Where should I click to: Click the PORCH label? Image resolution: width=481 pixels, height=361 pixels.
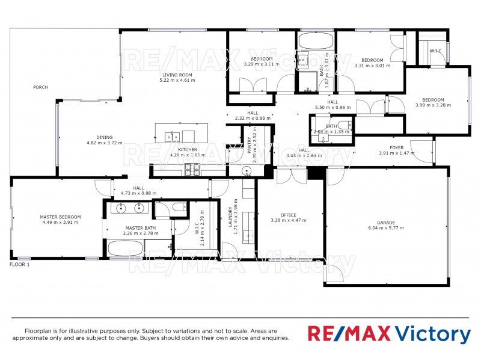pyautogui.click(x=41, y=88)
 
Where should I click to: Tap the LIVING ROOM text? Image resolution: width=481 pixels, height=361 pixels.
pyautogui.click(x=177, y=75)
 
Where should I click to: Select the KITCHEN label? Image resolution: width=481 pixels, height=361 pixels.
pyautogui.click(x=188, y=149)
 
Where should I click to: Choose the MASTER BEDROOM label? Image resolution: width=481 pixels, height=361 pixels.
pyautogui.click(x=60, y=217)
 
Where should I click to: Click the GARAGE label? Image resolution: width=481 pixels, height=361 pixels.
pyautogui.click(x=386, y=222)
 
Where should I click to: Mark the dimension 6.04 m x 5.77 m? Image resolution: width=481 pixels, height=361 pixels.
pyautogui.click(x=386, y=228)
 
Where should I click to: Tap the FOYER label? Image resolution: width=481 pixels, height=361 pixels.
pyautogui.click(x=397, y=147)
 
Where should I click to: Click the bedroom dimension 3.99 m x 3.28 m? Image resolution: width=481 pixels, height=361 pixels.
pyautogui.click(x=433, y=105)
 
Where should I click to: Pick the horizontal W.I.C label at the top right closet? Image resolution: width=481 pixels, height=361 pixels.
pyautogui.click(x=435, y=51)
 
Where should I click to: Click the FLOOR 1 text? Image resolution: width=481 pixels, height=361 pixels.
pyautogui.click(x=20, y=264)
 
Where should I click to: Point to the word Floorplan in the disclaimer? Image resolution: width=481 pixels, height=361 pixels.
pyautogui.click(x=38, y=332)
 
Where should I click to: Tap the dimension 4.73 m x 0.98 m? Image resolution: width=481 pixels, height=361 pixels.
pyautogui.click(x=139, y=194)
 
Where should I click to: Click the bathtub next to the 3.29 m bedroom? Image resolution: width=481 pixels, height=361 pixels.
pyautogui.click(x=315, y=42)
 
